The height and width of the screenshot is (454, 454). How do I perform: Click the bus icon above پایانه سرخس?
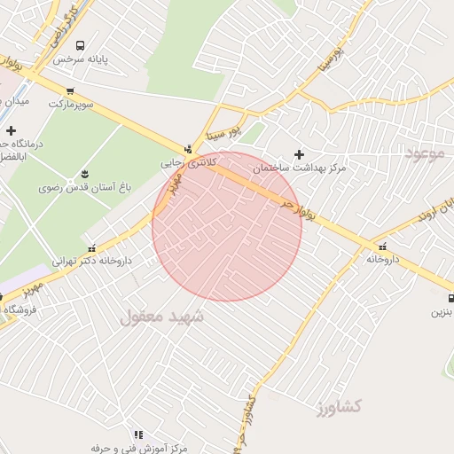(81, 45)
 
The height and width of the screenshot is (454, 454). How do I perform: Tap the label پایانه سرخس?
(81, 60)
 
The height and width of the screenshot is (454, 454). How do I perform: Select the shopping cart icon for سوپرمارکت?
(70, 91)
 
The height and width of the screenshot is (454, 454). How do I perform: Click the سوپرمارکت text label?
(70, 105)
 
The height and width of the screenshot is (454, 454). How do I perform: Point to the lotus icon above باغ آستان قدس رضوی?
(85, 172)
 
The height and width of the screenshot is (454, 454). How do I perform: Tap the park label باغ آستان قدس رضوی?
(85, 188)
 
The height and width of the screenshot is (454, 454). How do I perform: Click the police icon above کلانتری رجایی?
(188, 149)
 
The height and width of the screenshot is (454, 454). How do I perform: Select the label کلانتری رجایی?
(188, 163)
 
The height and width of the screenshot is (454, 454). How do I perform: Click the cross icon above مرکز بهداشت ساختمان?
(299, 154)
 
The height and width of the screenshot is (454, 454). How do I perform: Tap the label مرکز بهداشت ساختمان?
(299, 168)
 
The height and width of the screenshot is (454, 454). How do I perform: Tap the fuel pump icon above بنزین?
(450, 298)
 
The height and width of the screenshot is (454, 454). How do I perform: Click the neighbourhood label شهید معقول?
(160, 316)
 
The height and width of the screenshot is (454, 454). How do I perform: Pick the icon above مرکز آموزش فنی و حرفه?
(138, 434)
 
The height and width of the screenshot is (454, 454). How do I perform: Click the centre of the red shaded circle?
(227, 226)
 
